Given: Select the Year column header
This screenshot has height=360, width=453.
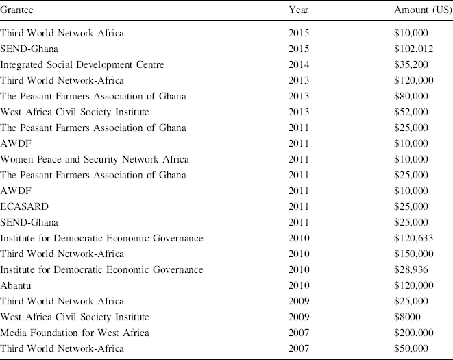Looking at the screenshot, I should click(x=299, y=11).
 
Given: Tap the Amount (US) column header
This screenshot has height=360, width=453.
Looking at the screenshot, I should click(x=422, y=11).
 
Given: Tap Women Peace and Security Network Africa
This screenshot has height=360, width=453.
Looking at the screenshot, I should click(x=95, y=159).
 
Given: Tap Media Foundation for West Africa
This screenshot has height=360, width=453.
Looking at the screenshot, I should click(x=75, y=333).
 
